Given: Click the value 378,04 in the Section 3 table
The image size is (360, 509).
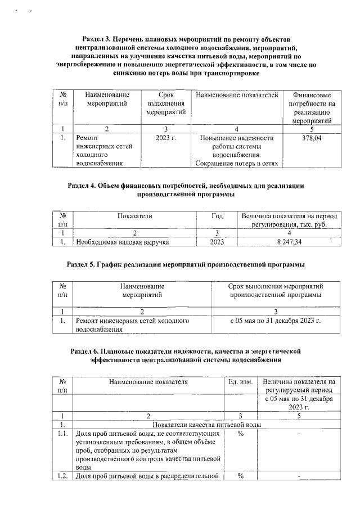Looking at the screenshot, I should (x=312, y=138).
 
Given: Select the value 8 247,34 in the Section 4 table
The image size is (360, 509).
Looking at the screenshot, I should (x=290, y=242).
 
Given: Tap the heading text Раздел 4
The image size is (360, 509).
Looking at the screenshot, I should (x=84, y=185).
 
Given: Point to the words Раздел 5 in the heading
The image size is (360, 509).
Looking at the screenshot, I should (x=84, y=264).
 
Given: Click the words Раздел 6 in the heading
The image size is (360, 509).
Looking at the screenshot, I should (x=88, y=351).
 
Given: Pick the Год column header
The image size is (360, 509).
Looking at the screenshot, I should (x=217, y=215).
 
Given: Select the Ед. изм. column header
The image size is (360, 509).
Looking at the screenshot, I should (x=240, y=381).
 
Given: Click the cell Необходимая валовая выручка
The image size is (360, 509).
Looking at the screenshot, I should (x=123, y=242).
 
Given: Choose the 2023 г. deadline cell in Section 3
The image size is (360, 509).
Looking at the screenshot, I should (x=166, y=138).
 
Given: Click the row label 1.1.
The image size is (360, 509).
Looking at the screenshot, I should (x=63, y=434).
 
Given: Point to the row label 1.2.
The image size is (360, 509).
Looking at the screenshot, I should (x=63, y=477).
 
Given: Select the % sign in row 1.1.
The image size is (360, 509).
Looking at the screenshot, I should (x=240, y=434).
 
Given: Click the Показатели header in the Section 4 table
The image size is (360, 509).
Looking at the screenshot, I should (x=134, y=215).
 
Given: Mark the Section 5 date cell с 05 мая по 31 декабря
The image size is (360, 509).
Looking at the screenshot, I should (x=276, y=321).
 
